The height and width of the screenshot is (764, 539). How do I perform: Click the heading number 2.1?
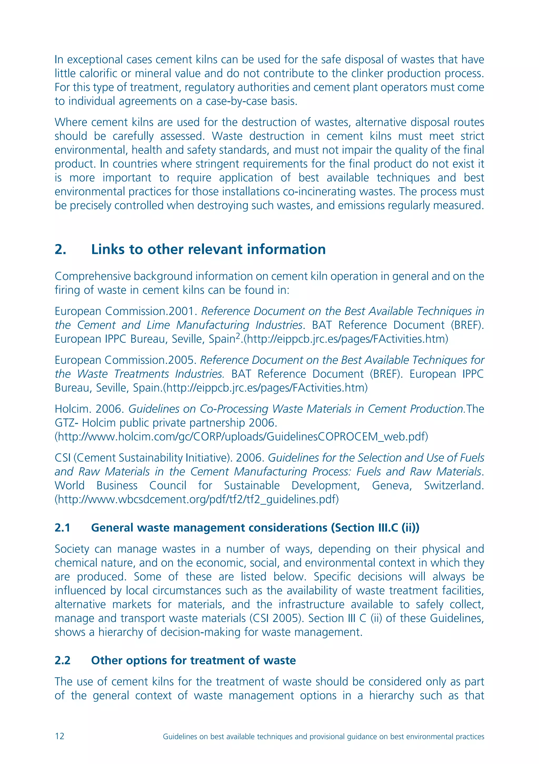point(62,527)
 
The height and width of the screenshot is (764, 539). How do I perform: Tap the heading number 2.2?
point(62,660)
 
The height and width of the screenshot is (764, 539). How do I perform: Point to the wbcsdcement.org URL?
point(197,499)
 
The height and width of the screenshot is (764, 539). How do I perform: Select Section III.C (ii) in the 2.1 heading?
point(375,527)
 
